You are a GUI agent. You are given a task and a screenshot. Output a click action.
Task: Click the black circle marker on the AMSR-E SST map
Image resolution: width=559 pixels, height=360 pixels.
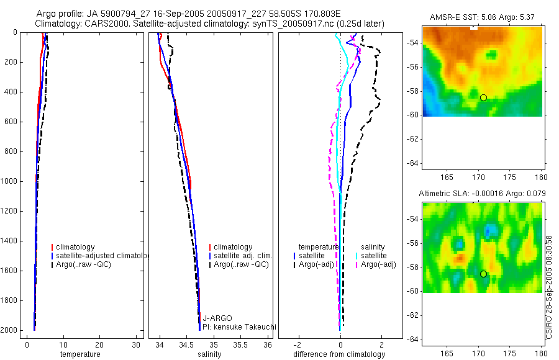(483, 97)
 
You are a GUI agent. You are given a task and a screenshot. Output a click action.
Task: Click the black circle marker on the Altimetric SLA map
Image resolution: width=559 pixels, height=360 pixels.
(483, 274)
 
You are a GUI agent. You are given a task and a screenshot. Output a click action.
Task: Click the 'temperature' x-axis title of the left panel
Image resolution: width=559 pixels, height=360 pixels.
(80, 354)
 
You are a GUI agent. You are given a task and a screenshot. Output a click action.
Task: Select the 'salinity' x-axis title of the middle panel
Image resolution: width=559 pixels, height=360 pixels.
(209, 354)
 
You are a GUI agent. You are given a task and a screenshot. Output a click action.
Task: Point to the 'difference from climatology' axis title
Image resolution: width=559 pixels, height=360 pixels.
(339, 354)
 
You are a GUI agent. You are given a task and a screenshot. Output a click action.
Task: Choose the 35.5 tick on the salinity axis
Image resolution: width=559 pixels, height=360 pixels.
(242, 344)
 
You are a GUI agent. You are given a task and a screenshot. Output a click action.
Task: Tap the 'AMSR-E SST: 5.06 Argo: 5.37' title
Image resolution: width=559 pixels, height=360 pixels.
(483, 17)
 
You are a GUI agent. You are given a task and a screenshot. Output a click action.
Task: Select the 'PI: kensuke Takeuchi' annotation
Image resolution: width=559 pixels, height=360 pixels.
(239, 327)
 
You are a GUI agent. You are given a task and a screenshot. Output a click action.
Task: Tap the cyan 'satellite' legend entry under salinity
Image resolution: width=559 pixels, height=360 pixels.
(374, 256)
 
